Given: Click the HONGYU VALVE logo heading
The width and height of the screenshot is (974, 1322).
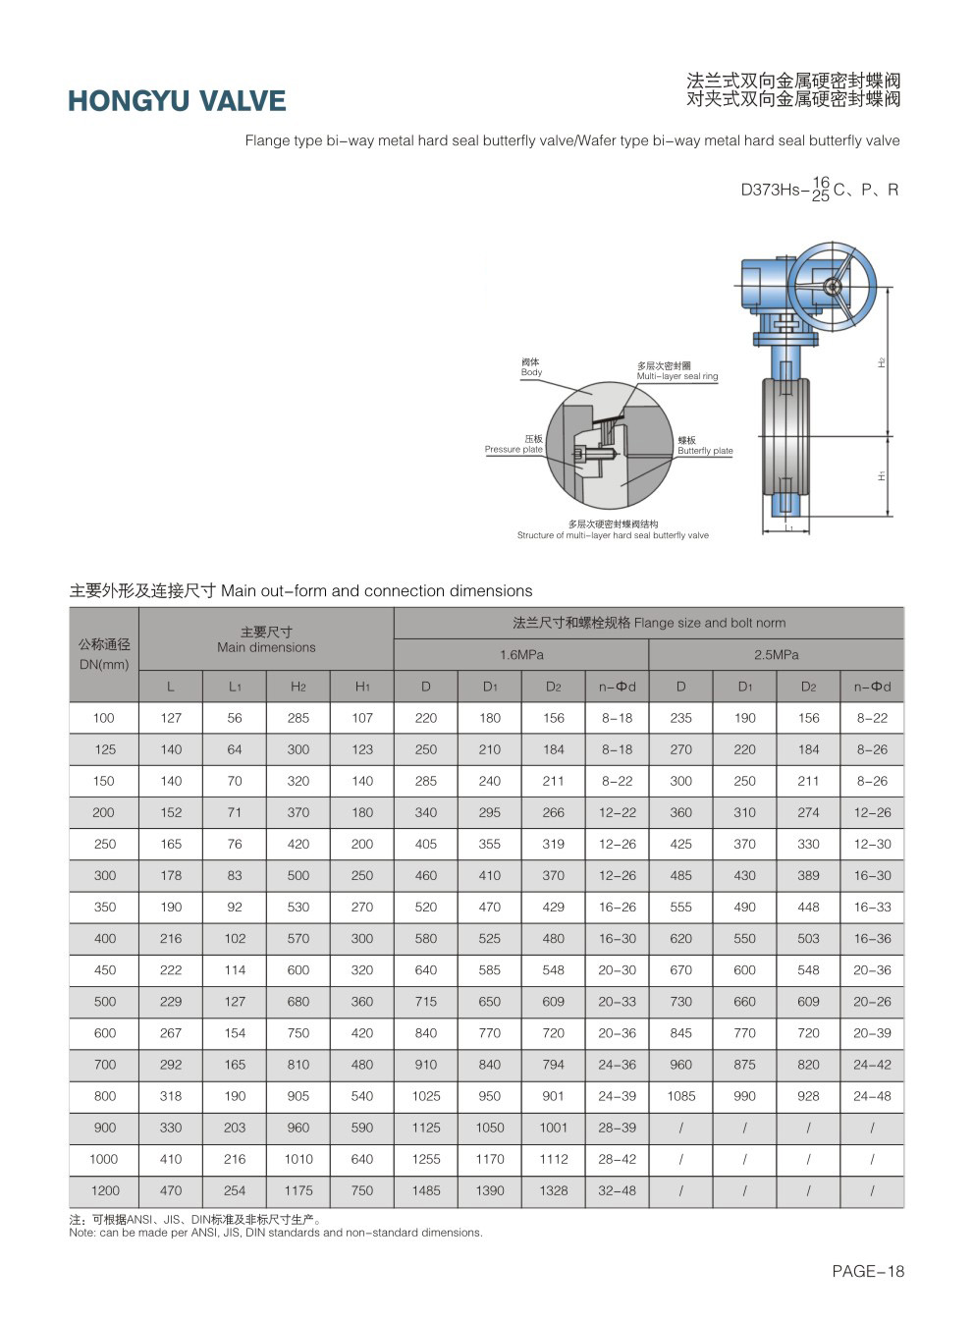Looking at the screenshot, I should [177, 101].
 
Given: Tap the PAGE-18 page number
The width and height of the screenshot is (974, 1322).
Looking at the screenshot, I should [867, 1271].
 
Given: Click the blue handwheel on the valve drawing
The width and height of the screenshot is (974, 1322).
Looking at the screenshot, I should [832, 286].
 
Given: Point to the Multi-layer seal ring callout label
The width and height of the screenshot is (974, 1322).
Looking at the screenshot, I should [676, 371].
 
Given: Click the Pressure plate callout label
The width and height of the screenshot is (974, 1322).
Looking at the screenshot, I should [514, 445].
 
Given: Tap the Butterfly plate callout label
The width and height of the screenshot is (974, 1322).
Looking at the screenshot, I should [704, 446].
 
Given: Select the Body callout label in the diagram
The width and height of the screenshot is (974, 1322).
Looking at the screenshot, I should [530, 367].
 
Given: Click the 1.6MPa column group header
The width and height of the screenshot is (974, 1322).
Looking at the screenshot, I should [521, 654].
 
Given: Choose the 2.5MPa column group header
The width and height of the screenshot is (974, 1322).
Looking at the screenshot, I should [776, 654].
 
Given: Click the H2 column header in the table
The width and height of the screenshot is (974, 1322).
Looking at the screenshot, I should [298, 687].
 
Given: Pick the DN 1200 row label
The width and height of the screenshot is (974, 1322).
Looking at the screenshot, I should [105, 1190].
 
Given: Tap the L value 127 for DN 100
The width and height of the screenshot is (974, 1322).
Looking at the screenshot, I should [171, 718].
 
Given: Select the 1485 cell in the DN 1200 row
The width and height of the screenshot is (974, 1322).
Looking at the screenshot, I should [426, 1190].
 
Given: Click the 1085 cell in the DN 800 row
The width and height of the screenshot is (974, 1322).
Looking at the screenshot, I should [680, 1096].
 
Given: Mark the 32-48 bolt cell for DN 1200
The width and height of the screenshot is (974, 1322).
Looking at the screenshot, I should [617, 1190].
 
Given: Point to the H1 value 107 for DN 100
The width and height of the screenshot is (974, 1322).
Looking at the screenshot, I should [362, 718].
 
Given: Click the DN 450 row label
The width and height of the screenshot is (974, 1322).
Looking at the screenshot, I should [105, 970].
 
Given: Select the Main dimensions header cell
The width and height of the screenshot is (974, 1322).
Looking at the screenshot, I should [266, 639].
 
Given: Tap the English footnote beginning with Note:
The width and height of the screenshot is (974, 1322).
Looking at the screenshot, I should [276, 1233].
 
